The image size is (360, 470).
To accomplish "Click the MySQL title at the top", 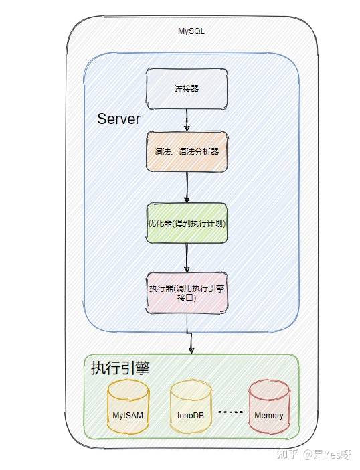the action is coord(191,31).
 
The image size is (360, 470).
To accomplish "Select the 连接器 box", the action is coord(187,89).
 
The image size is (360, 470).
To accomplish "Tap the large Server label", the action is coord(118,119).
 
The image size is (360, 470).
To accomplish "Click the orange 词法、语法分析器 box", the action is coord(187,151).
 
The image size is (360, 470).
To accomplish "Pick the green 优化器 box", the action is coord(187,223).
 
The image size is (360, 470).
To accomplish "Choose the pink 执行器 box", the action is coord(187,293).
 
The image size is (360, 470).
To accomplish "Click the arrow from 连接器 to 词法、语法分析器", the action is coord(187,120).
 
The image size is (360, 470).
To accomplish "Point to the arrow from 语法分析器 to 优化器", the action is coord(187,187).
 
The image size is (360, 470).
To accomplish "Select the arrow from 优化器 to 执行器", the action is coord(187,258).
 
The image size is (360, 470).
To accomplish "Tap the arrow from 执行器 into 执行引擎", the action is coord(189,333).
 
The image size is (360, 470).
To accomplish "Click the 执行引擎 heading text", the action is coord(120,368).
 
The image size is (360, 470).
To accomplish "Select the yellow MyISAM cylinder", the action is coord(128,406).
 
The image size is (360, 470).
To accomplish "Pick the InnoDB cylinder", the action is coord(191,406).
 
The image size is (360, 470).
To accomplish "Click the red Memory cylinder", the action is coord(269,406).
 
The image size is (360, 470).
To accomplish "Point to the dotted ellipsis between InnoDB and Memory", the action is coord(230,412).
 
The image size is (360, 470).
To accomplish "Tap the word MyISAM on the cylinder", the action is coord(128,416).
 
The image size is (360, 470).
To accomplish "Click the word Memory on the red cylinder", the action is coord(268,416).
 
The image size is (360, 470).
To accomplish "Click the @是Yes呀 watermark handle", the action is coord(327,455).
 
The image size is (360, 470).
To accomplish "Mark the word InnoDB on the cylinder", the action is coord(191,416).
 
